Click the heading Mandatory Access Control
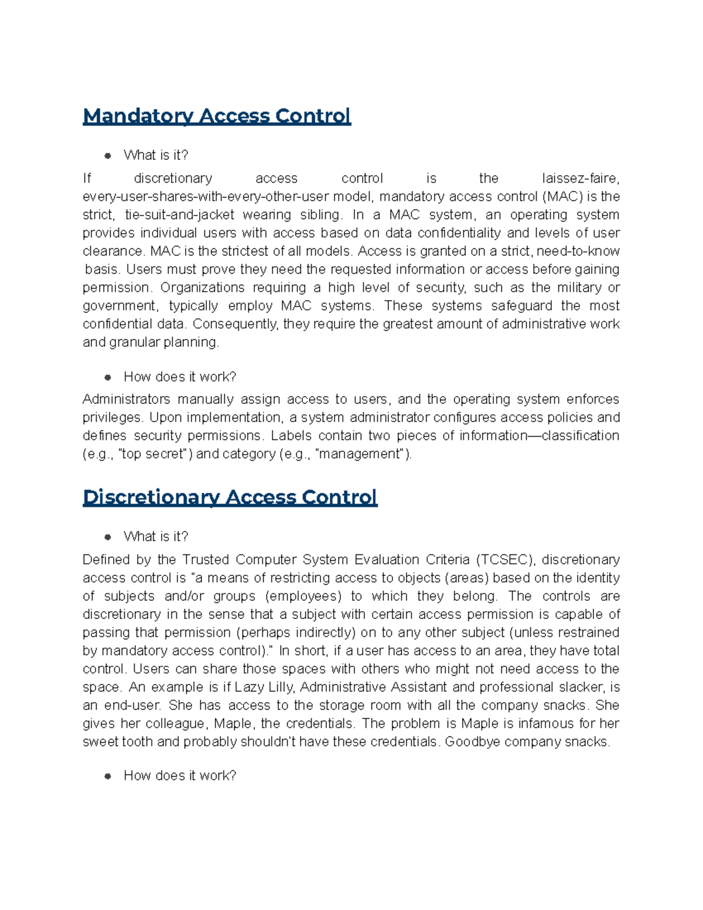(217, 116)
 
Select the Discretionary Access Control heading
(230, 497)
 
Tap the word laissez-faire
(580, 178)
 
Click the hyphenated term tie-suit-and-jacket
(180, 214)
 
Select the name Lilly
(281, 687)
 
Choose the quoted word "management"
(360, 454)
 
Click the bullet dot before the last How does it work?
(108, 776)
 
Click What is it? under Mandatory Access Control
(156, 155)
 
